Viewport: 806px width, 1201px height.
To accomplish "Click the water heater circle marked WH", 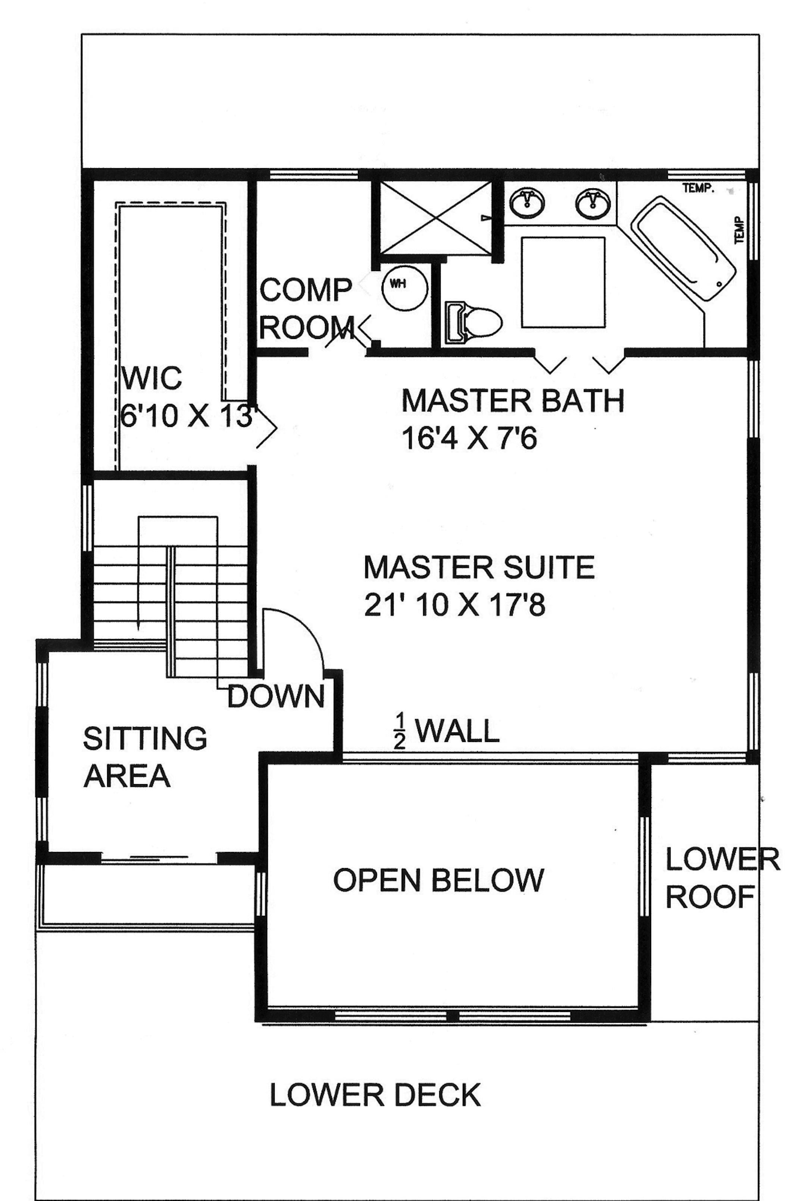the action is (x=404, y=287).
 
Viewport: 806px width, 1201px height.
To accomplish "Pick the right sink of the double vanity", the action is (x=594, y=202).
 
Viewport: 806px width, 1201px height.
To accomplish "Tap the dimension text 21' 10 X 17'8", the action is (x=454, y=605).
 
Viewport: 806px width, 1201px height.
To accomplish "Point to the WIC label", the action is (x=151, y=378).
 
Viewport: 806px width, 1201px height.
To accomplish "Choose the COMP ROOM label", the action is (x=306, y=309).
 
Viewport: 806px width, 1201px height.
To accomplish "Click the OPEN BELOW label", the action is (x=438, y=880).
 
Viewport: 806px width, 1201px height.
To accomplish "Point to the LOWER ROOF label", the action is (x=722, y=877).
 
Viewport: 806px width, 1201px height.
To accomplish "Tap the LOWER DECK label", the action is (x=375, y=1095).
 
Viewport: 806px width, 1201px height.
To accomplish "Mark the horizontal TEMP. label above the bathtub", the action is (x=699, y=189).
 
